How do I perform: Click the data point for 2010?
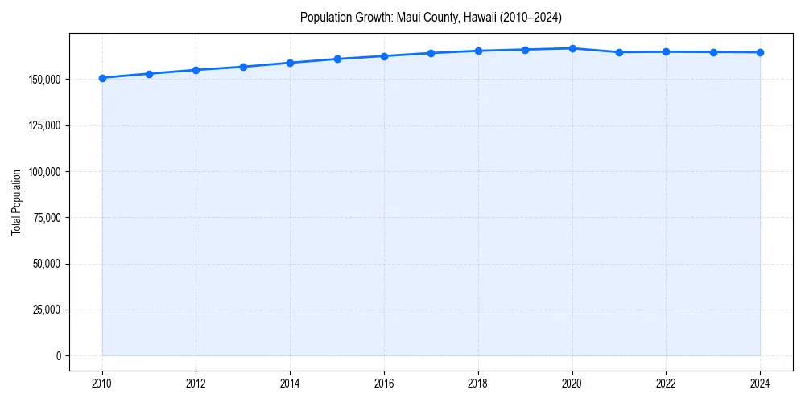click(x=102, y=78)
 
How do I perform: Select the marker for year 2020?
click(x=572, y=48)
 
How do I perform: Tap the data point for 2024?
click(x=760, y=52)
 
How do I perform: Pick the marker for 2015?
click(x=337, y=59)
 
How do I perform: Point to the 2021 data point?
click(x=619, y=52)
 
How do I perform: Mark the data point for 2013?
click(x=243, y=67)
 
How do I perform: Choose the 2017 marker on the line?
click(x=431, y=53)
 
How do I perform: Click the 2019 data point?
click(x=525, y=50)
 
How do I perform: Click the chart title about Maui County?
click(x=431, y=17)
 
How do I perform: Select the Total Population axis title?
click(x=16, y=202)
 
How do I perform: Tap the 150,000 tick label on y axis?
click(x=44, y=80)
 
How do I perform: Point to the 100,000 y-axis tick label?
click(x=44, y=172)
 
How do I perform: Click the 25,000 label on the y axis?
click(x=47, y=310)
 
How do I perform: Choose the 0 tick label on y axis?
click(x=58, y=355)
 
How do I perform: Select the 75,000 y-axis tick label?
click(x=47, y=218)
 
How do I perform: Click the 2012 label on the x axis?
click(x=196, y=384)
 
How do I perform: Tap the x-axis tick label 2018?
click(x=478, y=384)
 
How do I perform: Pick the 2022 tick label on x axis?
click(x=666, y=384)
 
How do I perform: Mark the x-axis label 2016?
click(x=384, y=384)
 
